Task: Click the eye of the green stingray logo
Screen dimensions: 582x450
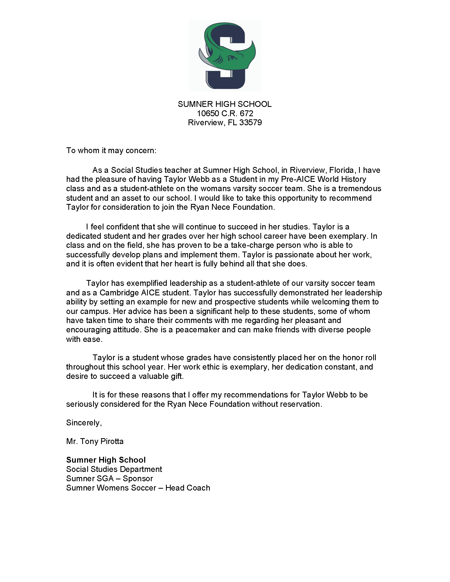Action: pyautogui.click(x=232, y=57)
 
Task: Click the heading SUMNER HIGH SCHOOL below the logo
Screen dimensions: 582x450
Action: pyautogui.click(x=225, y=104)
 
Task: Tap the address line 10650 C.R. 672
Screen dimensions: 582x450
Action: pyautogui.click(x=225, y=114)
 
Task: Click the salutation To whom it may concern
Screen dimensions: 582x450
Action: pyautogui.click(x=111, y=150)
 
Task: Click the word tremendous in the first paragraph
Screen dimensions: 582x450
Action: pyautogui.click(x=360, y=189)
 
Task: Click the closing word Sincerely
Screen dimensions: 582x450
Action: pyautogui.click(x=84, y=423)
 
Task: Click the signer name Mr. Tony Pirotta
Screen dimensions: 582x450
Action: pyautogui.click(x=95, y=441)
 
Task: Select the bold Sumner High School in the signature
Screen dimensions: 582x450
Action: pyautogui.click(x=106, y=460)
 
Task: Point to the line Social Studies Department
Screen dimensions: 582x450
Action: pyautogui.click(x=114, y=469)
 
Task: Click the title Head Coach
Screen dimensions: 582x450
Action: pyautogui.click(x=188, y=488)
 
